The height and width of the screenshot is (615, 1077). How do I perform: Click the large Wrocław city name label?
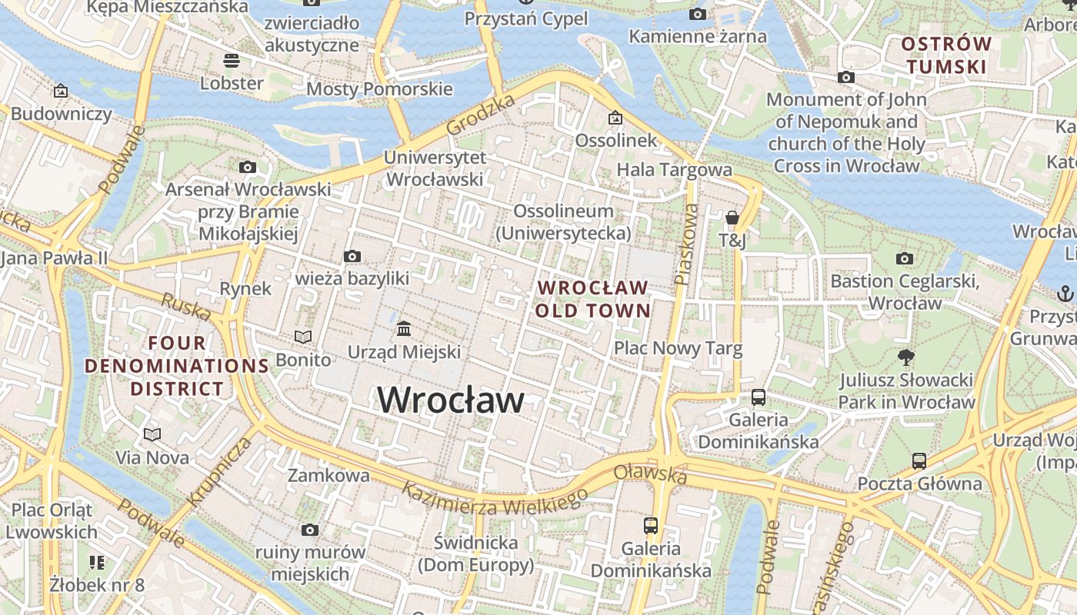pos(451,400)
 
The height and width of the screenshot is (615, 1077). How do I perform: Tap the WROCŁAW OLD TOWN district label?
pos(593,299)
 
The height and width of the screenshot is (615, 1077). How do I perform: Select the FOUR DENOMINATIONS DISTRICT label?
pos(177,366)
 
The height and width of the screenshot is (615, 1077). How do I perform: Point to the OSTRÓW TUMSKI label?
pos(946,55)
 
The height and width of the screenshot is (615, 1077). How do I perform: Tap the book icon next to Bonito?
pos(304,337)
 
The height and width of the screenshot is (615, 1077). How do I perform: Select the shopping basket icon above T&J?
pos(732,218)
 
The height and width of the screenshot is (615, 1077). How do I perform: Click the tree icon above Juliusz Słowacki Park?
pos(906,357)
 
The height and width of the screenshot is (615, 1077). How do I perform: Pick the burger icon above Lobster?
pos(231,60)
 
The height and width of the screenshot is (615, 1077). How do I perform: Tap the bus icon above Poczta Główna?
pos(919,461)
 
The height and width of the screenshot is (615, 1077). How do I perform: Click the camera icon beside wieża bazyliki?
pos(352,256)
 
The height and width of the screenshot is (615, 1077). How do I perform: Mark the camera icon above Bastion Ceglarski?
pos(905,258)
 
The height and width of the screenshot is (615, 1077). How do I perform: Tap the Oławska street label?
pos(651,471)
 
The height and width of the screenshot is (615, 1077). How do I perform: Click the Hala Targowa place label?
pos(675,169)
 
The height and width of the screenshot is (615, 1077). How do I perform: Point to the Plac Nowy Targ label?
pos(678,348)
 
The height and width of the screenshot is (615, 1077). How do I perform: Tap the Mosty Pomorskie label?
pos(379,89)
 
